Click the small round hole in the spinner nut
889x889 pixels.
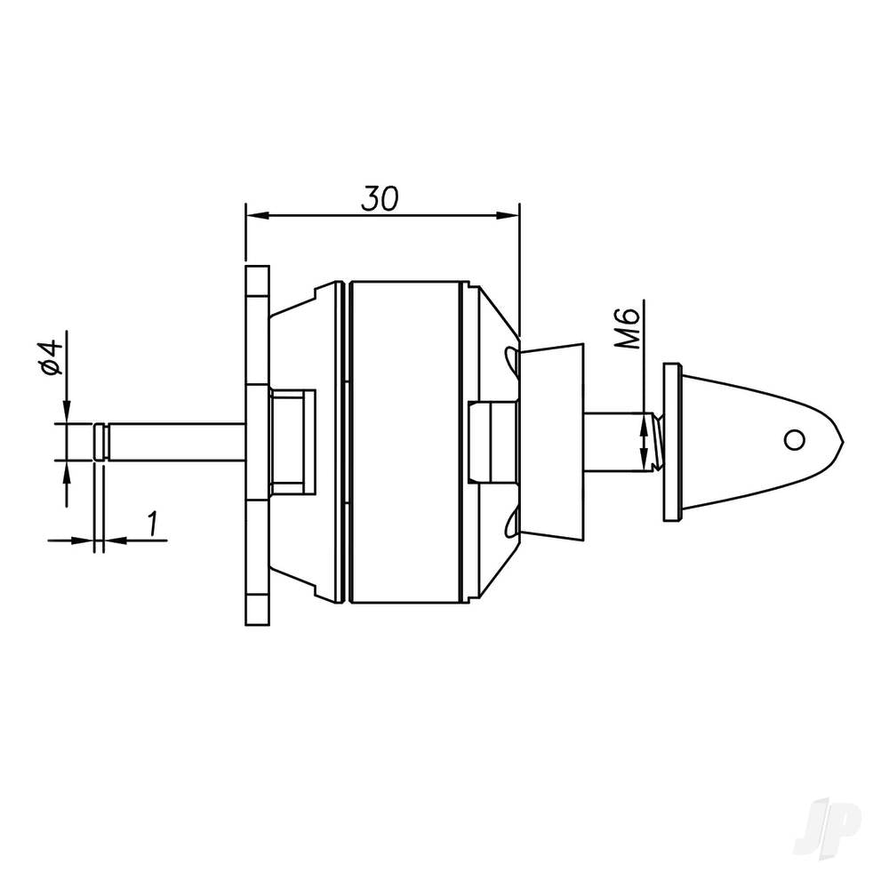click(794, 438)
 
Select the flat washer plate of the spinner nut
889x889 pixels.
click(671, 442)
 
